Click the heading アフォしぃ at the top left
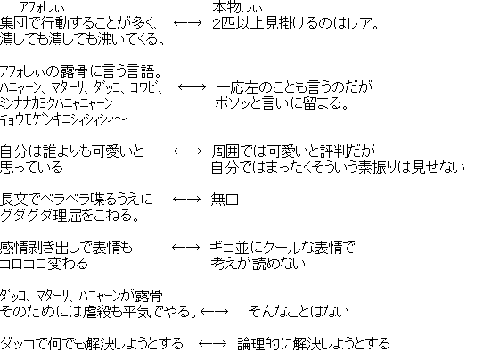tap(42, 7)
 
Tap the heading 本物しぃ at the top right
tap(237, 7)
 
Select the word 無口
tap(225, 200)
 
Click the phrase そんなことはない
tap(299, 312)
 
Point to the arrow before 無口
tap(186, 200)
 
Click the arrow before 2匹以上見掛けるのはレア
tap(188, 23)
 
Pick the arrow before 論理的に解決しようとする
tap(213, 344)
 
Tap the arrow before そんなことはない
tap(215, 312)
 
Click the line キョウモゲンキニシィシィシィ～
tap(63, 119)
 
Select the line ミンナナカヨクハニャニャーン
tap(56, 103)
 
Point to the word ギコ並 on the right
tap(230, 248)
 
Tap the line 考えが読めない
tap(258, 264)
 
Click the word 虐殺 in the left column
tap(96, 312)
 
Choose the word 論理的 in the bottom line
tap(258, 344)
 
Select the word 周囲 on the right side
tap(225, 151)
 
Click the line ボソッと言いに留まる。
tap(282, 103)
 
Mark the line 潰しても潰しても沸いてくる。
tap(82, 39)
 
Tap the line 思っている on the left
tap(31, 168)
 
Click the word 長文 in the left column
tap(13, 200)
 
